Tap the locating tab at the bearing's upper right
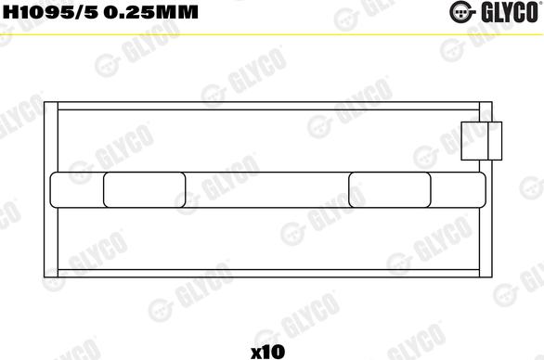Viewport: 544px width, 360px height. point(482,143)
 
